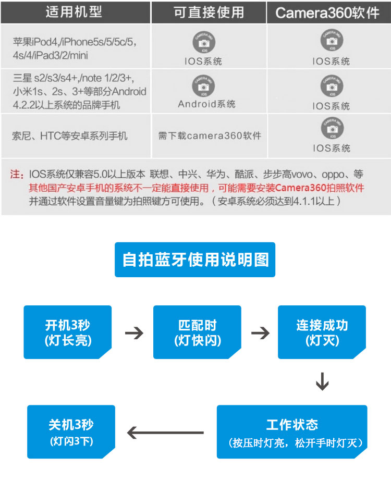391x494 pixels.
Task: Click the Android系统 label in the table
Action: (207, 104)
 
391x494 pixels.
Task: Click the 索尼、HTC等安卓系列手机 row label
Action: (70, 136)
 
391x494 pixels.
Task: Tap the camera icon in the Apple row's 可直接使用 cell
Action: (203, 42)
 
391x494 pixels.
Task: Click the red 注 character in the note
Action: (17, 175)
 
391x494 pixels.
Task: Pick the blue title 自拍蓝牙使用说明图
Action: (195, 260)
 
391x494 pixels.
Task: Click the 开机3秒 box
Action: (67, 332)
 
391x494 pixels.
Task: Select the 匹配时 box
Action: (197, 332)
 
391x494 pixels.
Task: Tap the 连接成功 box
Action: (322, 332)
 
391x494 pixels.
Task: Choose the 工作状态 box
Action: (292, 432)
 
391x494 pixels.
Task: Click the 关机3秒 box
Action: (71, 432)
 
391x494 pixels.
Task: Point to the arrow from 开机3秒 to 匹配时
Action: (134, 332)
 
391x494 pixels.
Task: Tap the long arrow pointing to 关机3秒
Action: (165, 433)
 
